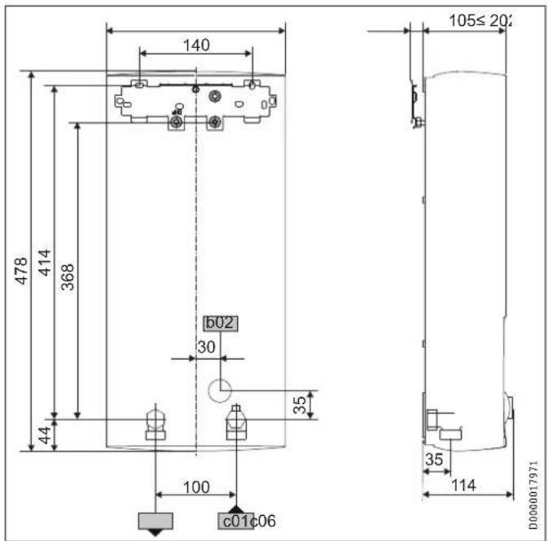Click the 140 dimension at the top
[195, 46]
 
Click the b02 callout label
[220, 323]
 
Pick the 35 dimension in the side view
[434, 460]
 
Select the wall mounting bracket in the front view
[195, 103]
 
